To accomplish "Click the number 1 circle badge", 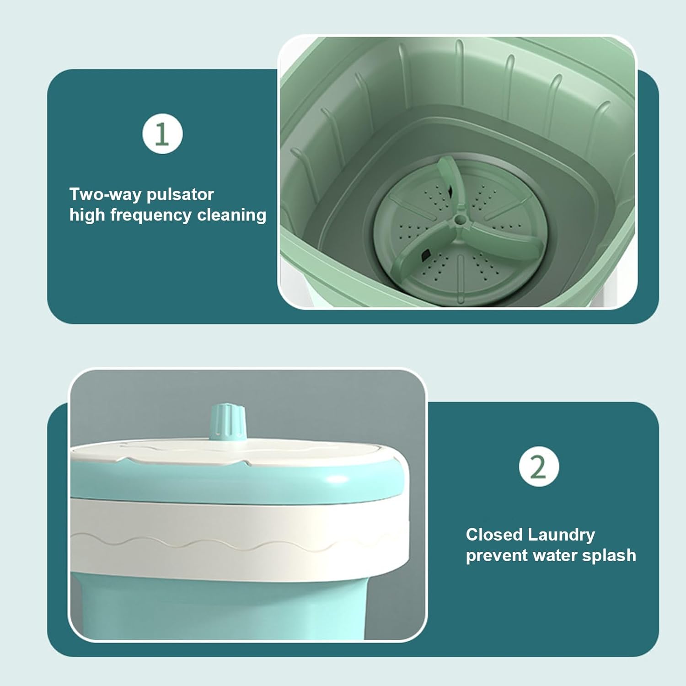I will pyautogui.click(x=162, y=134).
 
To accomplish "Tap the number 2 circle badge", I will pyautogui.click(x=539, y=466).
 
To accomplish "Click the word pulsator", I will pyautogui.click(x=180, y=194).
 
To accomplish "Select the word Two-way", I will pyautogui.click(x=104, y=194).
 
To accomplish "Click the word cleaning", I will pyautogui.click(x=231, y=215).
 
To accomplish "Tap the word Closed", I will pyautogui.click(x=494, y=534).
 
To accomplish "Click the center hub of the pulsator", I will pyautogui.click(x=458, y=220).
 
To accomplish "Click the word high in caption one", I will pyautogui.click(x=87, y=215).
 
